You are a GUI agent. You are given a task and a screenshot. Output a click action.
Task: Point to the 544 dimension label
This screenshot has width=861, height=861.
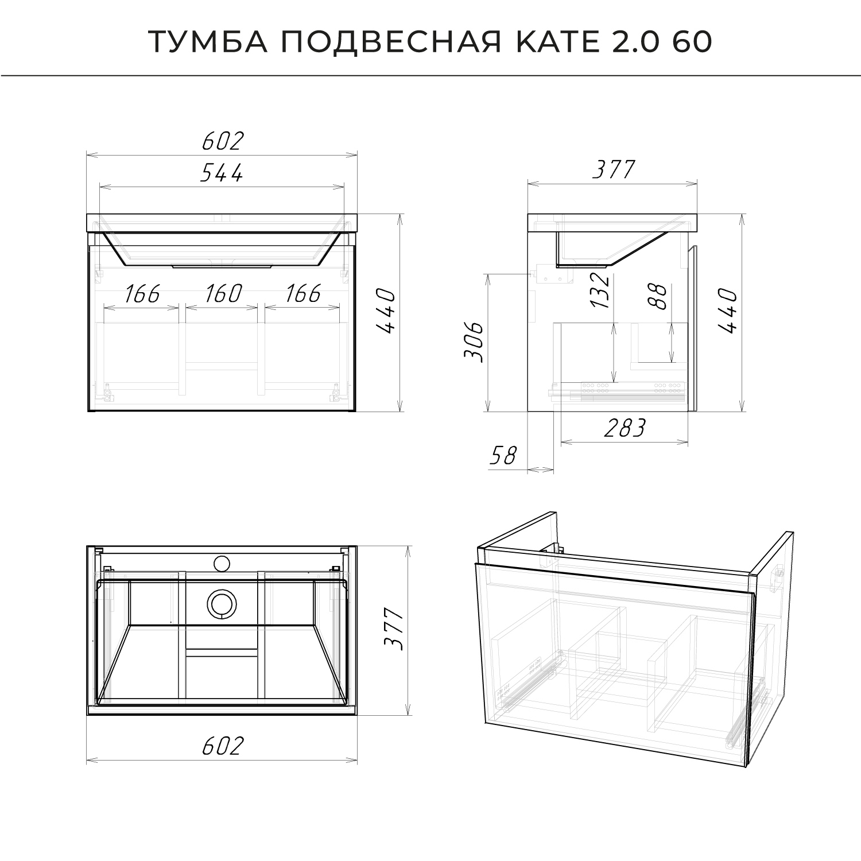222,172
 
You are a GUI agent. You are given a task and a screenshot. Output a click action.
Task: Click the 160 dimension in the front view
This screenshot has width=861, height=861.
223,294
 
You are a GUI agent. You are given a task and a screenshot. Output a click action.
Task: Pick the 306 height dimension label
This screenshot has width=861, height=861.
474,343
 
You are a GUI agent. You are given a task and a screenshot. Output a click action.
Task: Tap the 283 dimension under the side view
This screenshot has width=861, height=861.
625,428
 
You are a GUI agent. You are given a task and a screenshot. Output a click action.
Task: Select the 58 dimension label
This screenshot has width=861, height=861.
503,456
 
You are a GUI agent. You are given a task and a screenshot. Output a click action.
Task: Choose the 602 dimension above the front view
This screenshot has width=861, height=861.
223,141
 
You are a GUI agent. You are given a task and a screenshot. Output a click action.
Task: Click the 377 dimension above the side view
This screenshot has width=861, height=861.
614,170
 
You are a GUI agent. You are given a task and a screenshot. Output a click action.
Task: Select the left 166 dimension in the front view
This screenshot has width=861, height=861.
142,294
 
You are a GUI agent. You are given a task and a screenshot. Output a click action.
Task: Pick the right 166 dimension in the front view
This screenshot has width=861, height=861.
303,294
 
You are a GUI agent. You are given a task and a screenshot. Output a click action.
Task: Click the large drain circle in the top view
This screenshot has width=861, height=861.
220,604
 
